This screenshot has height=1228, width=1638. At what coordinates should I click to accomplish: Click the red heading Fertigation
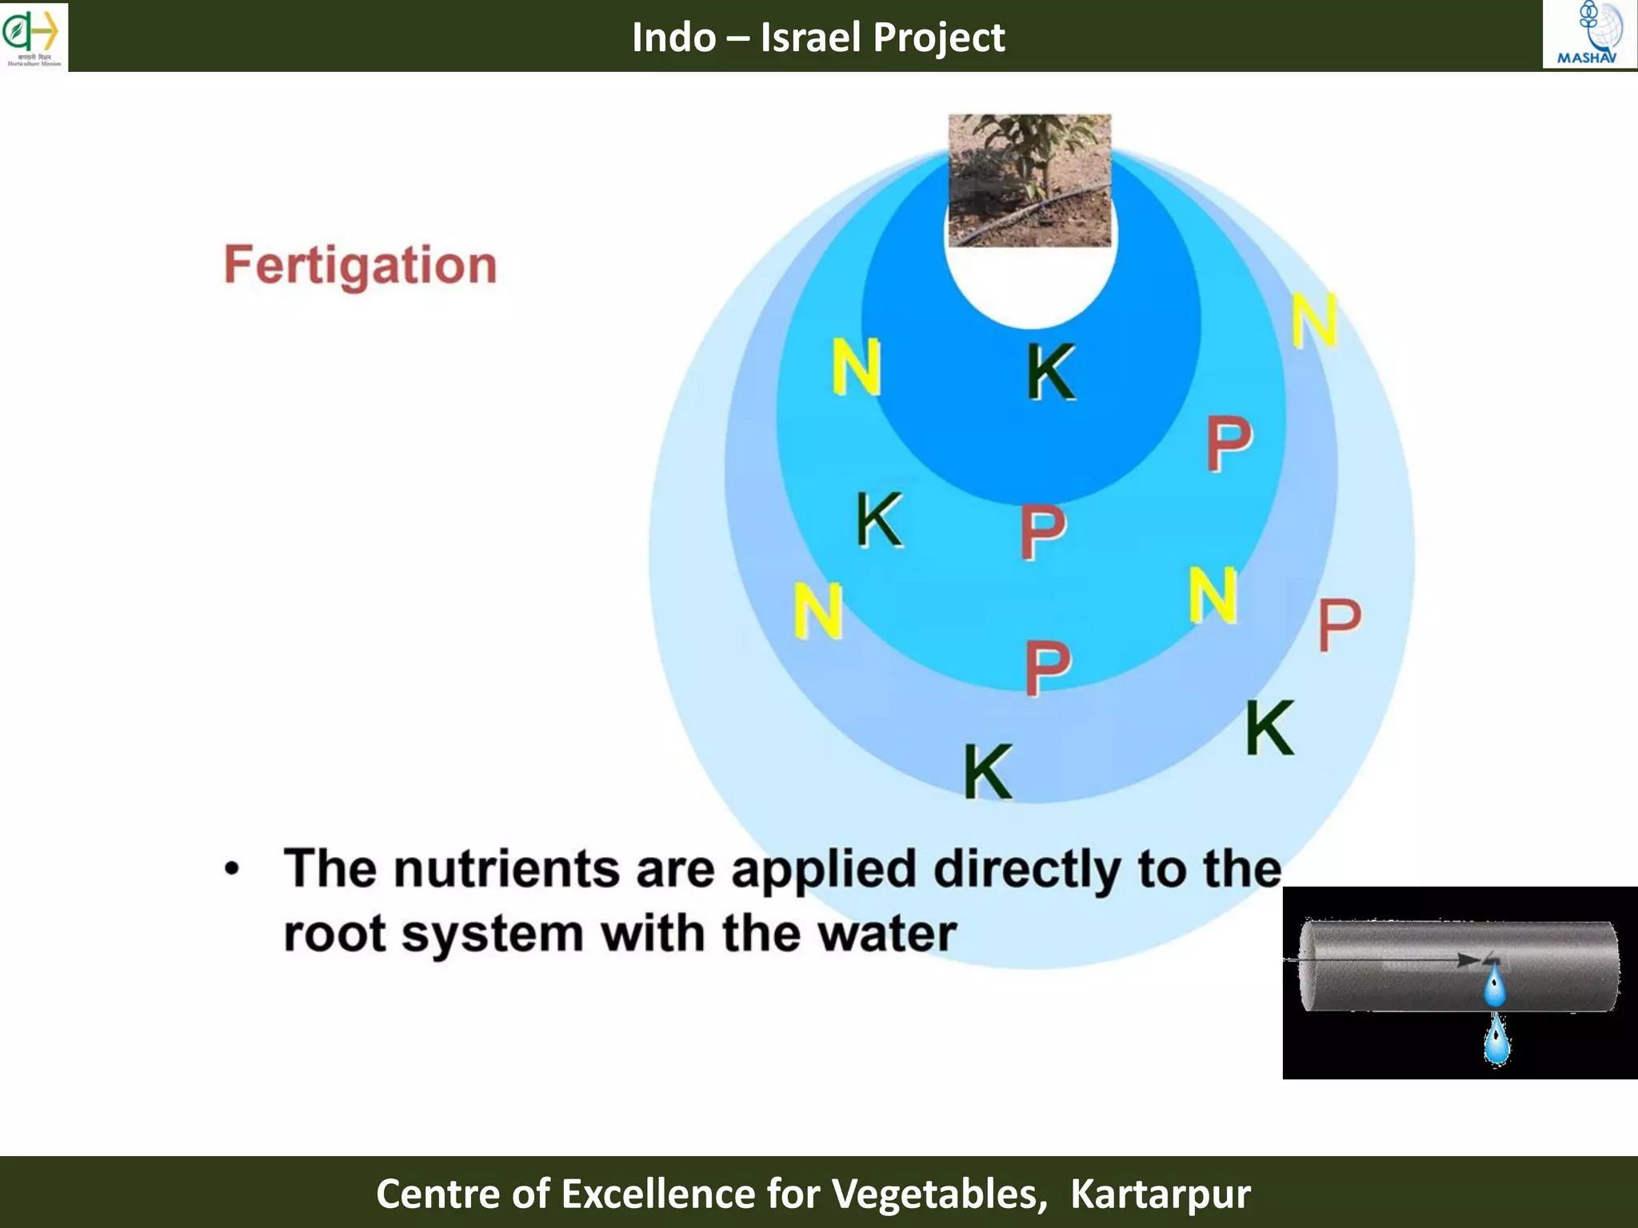(360, 265)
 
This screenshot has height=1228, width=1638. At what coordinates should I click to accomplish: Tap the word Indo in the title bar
(673, 38)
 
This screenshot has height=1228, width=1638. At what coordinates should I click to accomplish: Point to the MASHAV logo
(1588, 34)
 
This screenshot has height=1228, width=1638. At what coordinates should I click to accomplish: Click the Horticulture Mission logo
(33, 36)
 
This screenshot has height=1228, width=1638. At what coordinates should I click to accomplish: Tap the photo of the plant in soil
(1029, 180)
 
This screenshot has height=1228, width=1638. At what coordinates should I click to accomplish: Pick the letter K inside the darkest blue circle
(1051, 372)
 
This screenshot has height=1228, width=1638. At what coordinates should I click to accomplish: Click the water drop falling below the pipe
(1496, 1040)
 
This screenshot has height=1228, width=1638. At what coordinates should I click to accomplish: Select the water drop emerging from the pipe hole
(1494, 986)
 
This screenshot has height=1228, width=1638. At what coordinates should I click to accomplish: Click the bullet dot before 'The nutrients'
(232, 869)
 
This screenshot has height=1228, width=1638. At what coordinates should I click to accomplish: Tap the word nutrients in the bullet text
(506, 869)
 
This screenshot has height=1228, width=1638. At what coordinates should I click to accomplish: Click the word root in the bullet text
(334, 934)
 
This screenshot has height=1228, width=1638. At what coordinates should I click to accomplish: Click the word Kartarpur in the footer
(1160, 1194)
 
